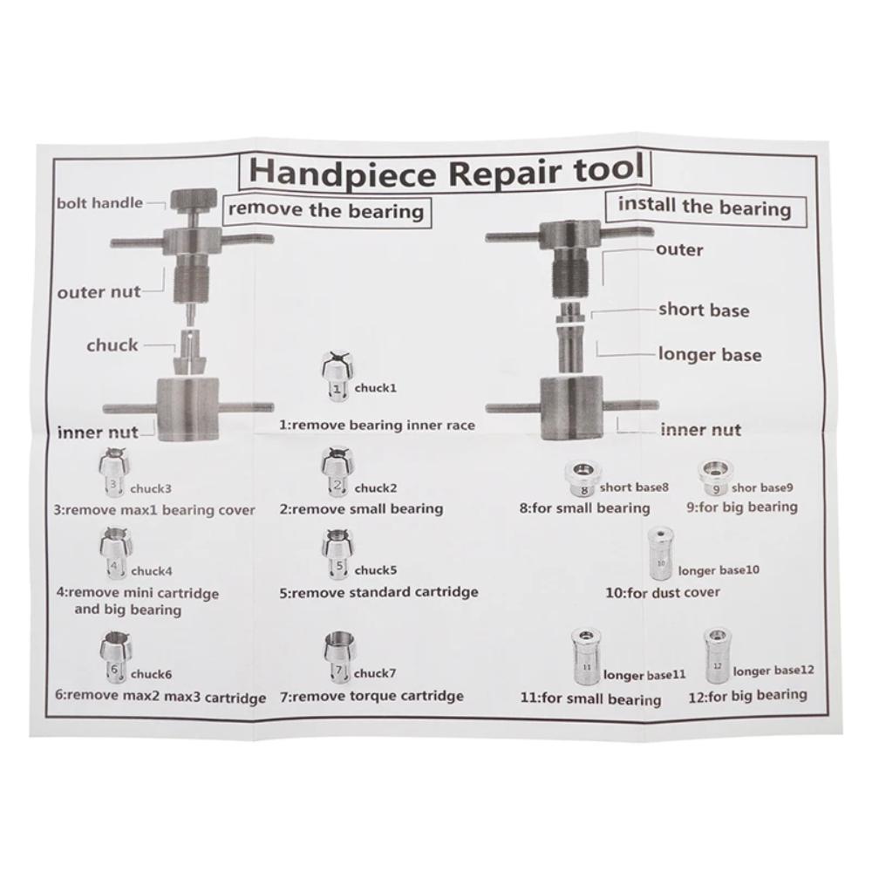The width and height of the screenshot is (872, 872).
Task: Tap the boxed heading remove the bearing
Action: (x=325, y=210)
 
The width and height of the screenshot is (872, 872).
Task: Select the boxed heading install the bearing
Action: (x=704, y=208)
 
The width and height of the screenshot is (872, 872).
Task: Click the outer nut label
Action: (x=99, y=292)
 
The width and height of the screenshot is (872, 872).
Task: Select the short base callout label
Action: (x=703, y=310)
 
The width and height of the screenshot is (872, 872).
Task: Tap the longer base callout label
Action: (x=709, y=355)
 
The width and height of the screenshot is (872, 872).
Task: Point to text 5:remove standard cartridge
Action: (x=379, y=592)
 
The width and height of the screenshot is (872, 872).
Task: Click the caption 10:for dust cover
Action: (x=663, y=593)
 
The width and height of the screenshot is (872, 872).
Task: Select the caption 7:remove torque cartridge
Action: (x=371, y=697)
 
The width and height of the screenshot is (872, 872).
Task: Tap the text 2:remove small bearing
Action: (x=362, y=508)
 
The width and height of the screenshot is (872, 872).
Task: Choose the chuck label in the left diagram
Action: (x=112, y=345)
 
